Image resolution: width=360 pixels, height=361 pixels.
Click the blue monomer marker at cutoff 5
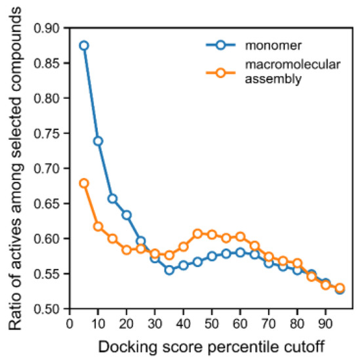(84, 45)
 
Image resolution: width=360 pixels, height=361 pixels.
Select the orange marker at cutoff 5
(84, 183)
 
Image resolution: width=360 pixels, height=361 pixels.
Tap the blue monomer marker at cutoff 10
(98, 141)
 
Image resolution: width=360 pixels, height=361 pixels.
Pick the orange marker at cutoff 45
(197, 234)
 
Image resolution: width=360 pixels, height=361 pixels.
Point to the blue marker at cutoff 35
(169, 270)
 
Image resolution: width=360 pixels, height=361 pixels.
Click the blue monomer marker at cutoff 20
(127, 215)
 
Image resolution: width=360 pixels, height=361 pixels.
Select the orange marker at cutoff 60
(240, 236)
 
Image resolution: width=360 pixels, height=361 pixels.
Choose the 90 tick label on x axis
(325, 323)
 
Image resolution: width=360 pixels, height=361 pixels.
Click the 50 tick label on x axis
(211, 323)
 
